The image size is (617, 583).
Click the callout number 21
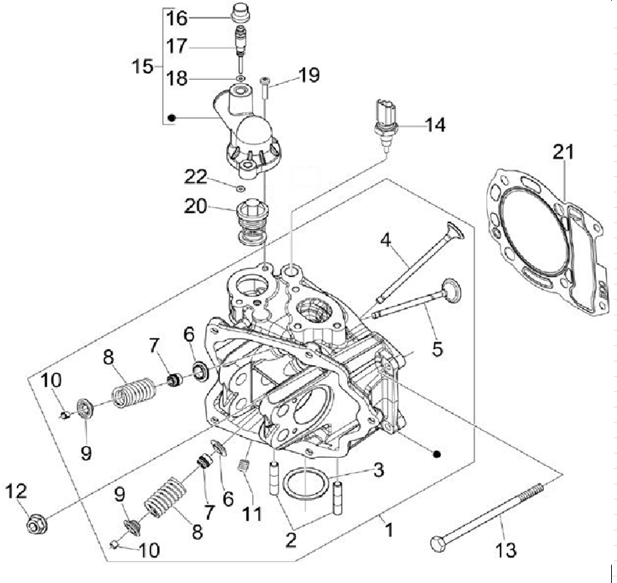(x=563, y=153)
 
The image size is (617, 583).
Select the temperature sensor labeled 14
(x=385, y=121)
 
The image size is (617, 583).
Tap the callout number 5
(x=437, y=349)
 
